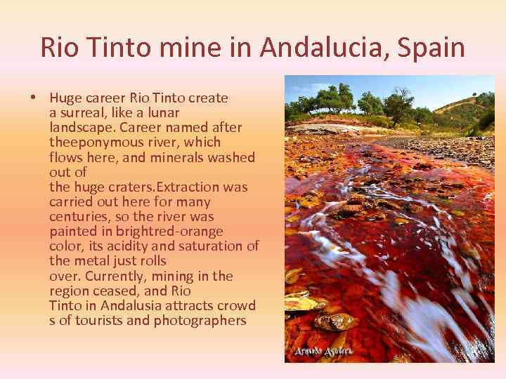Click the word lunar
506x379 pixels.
pos(164,113)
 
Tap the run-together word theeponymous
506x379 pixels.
pos(91,142)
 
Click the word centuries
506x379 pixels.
pos(79,216)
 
